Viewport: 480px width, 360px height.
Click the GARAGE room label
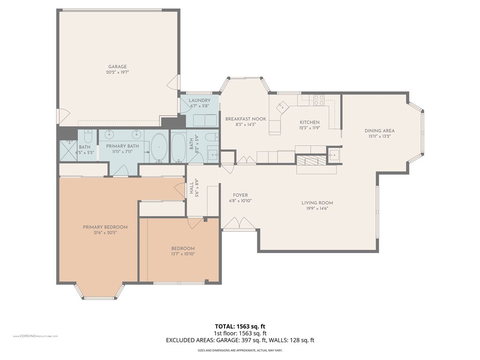(118, 67)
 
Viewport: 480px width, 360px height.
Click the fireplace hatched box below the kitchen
(311, 160)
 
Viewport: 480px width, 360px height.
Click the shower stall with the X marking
(69, 150)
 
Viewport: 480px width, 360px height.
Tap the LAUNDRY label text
(199, 100)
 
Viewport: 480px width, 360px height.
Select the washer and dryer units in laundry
(202, 120)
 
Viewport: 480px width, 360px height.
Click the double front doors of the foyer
(239, 224)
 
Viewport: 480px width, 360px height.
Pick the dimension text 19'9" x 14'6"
(317, 209)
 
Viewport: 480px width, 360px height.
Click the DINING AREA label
(379, 131)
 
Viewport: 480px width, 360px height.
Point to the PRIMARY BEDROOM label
(105, 227)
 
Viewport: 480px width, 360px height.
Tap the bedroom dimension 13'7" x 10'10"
(182, 254)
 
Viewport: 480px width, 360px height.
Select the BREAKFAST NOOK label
(245, 119)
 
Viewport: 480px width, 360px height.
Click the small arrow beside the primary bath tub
(147, 152)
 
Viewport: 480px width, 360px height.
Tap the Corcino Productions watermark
(35, 336)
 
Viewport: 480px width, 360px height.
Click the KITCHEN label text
(309, 122)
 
